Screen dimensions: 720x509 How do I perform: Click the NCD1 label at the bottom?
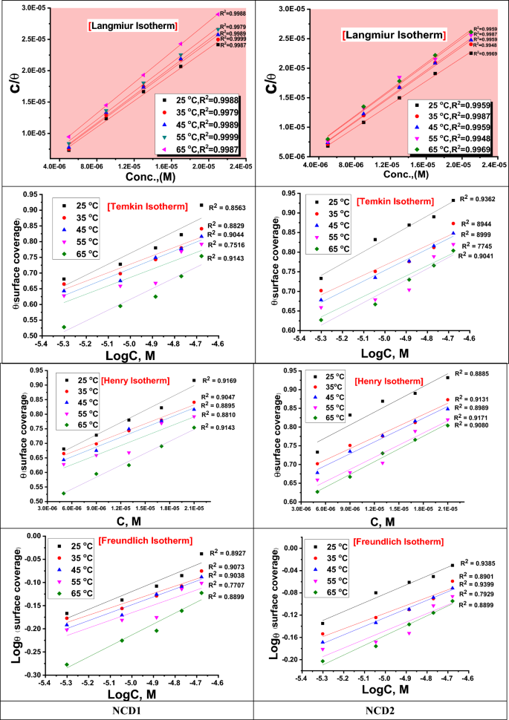pyautogui.click(x=127, y=711)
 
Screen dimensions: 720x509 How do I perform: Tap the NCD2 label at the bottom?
pyautogui.click(x=380, y=711)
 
